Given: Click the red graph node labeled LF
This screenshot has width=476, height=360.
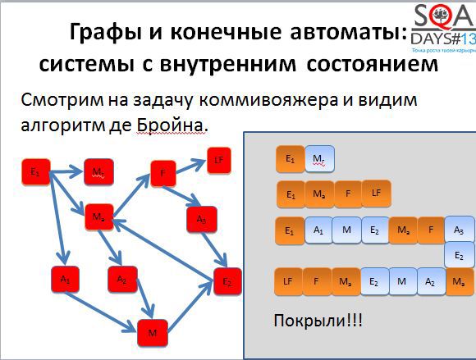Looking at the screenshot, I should pos(219,161).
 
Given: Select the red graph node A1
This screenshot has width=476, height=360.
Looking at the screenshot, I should pos(64,280).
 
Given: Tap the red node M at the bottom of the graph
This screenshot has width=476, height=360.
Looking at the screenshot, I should pos(152,332).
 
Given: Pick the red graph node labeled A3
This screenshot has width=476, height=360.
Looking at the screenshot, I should pos(201,220).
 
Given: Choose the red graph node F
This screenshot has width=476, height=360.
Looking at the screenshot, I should pos(163,173).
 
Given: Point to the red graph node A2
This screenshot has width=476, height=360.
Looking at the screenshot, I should pos(121,280).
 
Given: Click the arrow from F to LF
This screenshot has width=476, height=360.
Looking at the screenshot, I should pos(190,166).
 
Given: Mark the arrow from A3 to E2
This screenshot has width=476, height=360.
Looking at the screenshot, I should pos(215,248).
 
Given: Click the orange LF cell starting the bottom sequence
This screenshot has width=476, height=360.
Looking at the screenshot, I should pos(288,281).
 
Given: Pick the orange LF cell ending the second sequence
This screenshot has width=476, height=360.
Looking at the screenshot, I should pos(375,194).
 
